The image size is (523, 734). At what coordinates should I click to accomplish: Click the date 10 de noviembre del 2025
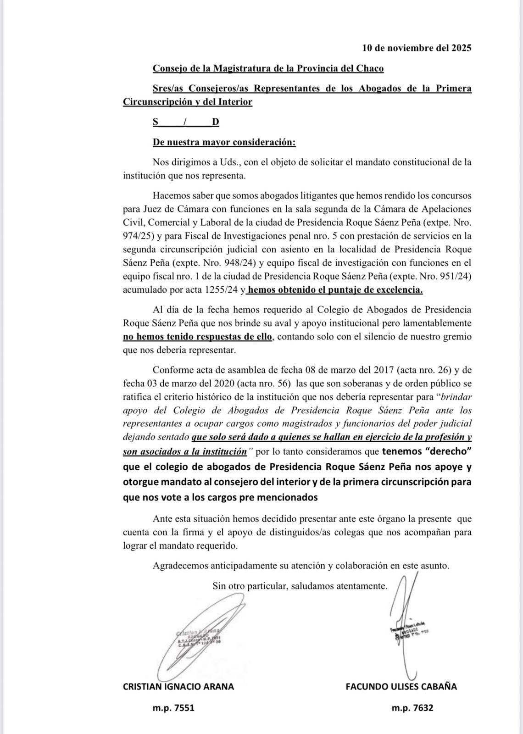click(417, 48)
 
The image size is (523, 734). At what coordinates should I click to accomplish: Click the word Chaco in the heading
click(369, 68)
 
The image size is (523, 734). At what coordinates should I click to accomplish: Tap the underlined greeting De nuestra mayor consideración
click(224, 142)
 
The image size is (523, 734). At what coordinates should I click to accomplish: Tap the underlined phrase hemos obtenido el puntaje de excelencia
click(335, 290)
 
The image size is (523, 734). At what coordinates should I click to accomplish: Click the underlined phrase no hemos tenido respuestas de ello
click(198, 337)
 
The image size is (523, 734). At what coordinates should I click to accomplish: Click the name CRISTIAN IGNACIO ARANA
click(178, 687)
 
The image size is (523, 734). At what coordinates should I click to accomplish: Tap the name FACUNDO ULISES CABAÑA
click(401, 687)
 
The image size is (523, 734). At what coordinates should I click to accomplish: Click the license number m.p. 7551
click(173, 708)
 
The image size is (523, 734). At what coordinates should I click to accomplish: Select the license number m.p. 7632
click(412, 708)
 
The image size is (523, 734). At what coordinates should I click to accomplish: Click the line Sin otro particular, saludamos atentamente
click(300, 586)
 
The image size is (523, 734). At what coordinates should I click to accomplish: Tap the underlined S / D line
click(186, 122)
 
